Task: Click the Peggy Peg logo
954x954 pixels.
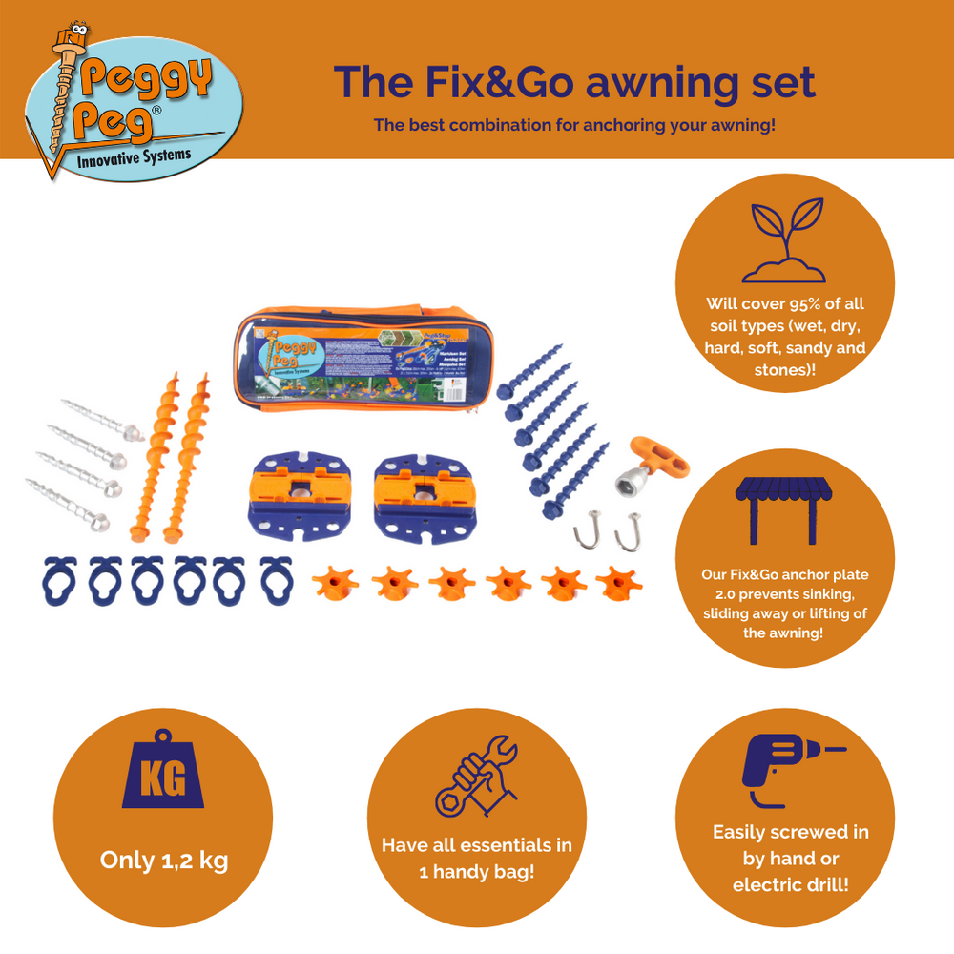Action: (x=134, y=105)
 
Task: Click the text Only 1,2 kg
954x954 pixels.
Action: (x=164, y=860)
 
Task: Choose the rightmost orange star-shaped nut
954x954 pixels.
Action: (x=618, y=581)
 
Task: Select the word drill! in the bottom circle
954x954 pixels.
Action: (x=821, y=884)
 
